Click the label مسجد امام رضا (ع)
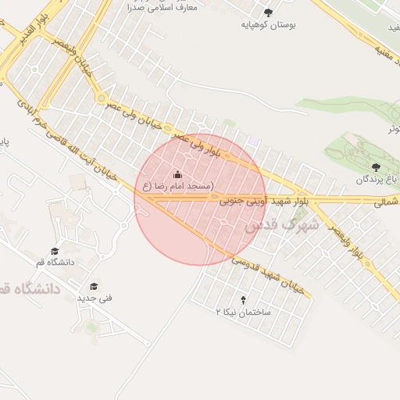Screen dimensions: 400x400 tap(177, 186)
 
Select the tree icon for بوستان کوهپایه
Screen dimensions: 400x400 tap(270, 12)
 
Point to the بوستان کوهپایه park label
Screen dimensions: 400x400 tap(270, 25)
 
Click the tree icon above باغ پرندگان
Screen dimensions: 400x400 tap(377, 167)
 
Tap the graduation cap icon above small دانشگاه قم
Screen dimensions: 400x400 tap(55, 251)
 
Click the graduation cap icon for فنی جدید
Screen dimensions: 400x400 tap(95, 286)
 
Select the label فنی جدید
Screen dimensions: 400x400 tap(95, 298)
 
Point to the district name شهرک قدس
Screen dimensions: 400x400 tap(281, 226)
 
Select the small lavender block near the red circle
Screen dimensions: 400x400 tap(254, 141)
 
